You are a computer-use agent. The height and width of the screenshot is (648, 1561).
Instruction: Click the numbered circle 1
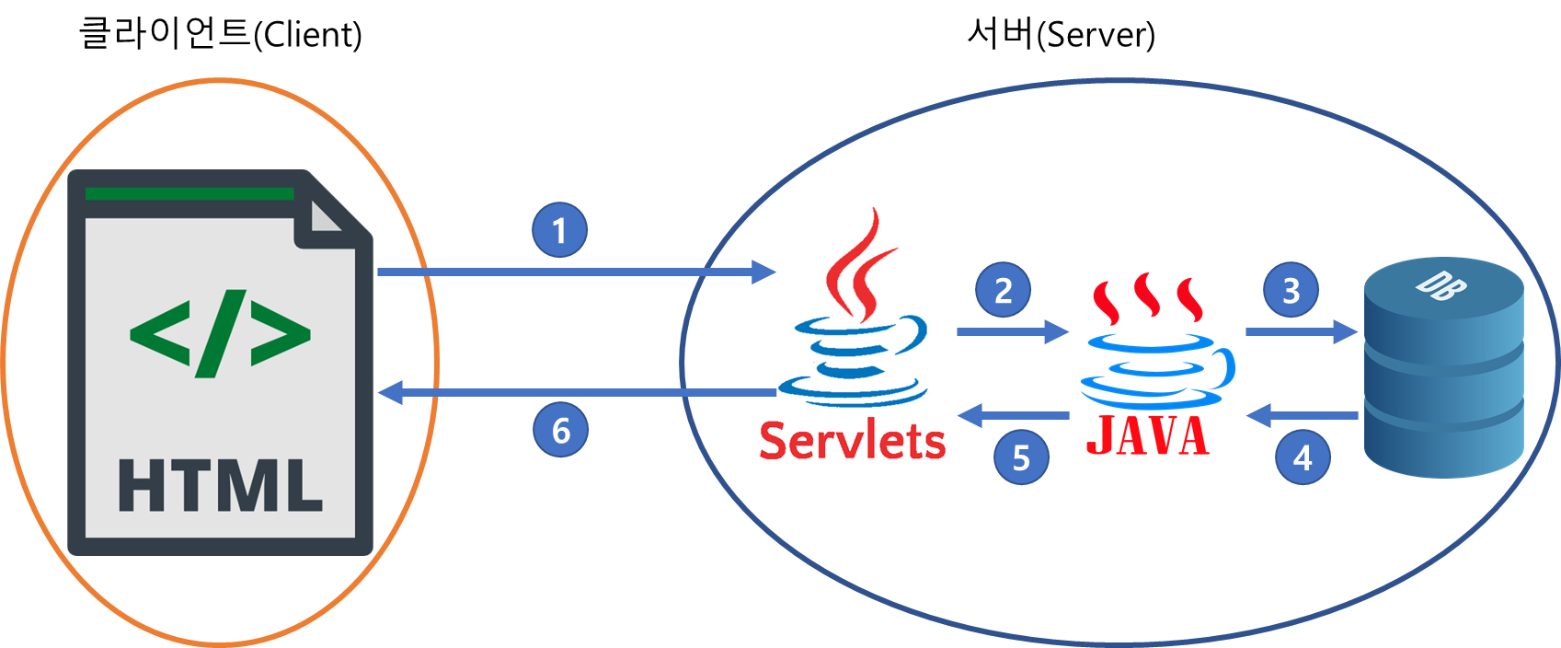click(560, 230)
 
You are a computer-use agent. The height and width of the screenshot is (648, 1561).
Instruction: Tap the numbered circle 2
click(1003, 291)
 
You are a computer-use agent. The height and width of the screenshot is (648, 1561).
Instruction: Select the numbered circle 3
click(1291, 291)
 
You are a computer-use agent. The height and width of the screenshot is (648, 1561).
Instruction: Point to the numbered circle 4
click(1303, 457)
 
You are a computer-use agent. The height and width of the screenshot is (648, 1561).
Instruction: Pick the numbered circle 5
click(1021, 457)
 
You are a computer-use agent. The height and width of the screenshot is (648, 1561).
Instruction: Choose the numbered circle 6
click(561, 430)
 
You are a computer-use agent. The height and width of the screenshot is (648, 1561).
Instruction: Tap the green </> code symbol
click(221, 333)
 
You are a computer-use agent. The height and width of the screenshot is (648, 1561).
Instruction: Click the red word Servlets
click(853, 440)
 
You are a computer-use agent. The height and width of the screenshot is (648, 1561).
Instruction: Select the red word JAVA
click(1148, 436)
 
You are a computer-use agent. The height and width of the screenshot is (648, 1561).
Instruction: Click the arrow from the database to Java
click(1303, 416)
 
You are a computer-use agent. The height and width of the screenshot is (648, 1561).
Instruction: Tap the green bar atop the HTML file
click(189, 194)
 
